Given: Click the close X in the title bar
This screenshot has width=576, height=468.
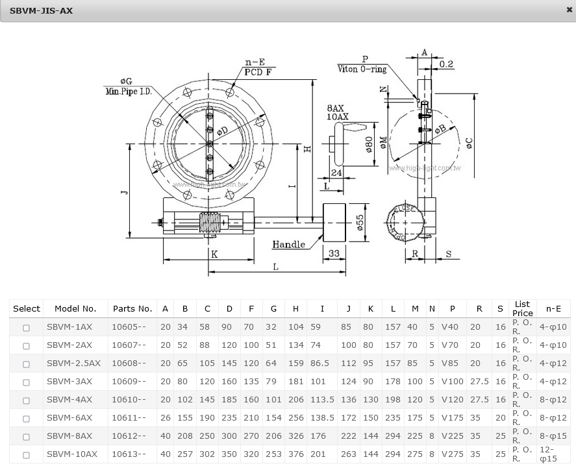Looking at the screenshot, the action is tap(570, 10).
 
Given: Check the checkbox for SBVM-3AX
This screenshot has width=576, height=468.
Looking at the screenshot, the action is tap(26, 382).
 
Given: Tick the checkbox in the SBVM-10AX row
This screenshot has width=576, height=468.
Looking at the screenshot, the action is tap(26, 455).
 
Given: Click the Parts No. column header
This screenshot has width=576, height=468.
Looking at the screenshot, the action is tap(132, 309).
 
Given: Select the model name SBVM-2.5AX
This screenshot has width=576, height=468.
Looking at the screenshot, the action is tap(73, 363).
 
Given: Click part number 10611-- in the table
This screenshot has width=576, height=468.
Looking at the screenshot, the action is tap(129, 418).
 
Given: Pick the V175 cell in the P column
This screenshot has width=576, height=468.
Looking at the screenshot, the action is tap(453, 418).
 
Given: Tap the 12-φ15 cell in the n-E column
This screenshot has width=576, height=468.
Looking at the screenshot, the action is tap(549, 454).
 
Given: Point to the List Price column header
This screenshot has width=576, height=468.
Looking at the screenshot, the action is tap(522, 309).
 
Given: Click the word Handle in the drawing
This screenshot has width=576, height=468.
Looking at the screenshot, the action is tap(289, 245).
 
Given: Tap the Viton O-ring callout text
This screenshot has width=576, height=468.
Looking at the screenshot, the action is tap(362, 69).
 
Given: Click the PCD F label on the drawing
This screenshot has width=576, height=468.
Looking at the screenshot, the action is tap(258, 72).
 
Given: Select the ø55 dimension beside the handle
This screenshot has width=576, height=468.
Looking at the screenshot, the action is tap(360, 223).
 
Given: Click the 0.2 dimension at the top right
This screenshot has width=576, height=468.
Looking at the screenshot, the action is tap(446, 64).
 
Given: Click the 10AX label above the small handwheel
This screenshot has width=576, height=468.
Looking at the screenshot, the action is tap(338, 117).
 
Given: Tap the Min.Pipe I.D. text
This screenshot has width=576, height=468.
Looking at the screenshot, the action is tap(129, 92).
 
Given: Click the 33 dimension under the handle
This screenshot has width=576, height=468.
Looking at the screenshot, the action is tap(334, 253).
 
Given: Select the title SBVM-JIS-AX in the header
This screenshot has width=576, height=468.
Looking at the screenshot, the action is tap(41, 10).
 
